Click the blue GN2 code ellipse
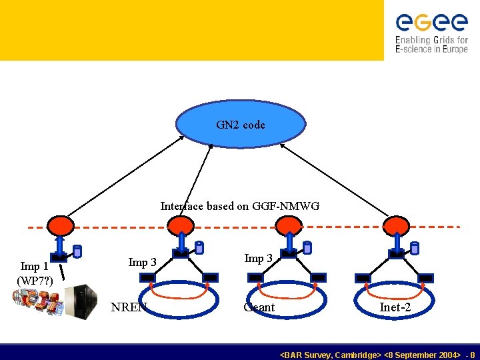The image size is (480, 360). pos(241,124)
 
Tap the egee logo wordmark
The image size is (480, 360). pos(431,23)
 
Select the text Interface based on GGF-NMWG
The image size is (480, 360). pos(240,206)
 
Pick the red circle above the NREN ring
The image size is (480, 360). pos(180,225)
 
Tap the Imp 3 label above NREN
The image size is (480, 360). pos(142,262)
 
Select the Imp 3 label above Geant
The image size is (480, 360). pos(258,259)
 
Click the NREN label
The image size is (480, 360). pos(128,307)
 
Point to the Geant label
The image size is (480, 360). pos(259,307)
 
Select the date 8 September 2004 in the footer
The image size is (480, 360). pos(423,355)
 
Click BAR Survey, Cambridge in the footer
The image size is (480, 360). pos(330,355)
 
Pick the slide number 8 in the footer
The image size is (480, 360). pos(472,355)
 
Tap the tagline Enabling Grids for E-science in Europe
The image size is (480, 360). pos(431,45)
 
